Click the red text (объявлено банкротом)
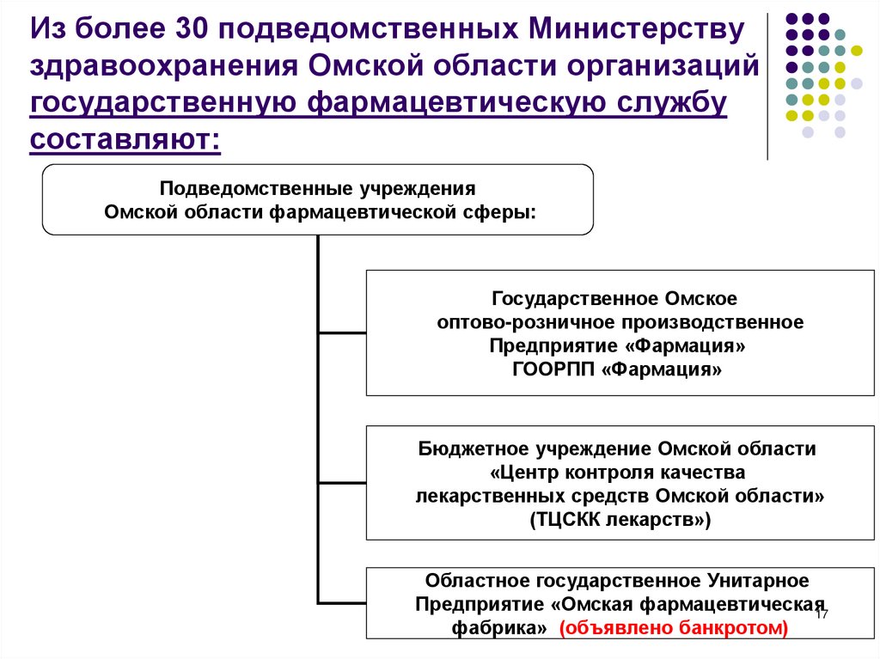click(673, 628)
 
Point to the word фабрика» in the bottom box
click(500, 628)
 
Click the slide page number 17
click(821, 614)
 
